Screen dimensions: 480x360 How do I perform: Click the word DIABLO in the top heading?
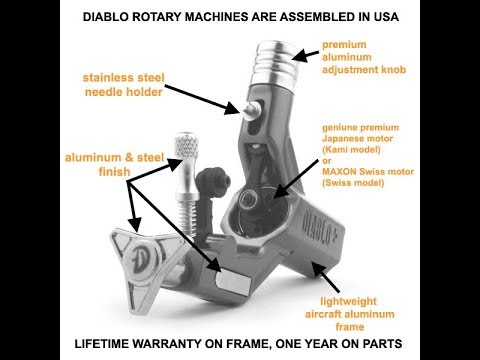click(x=106, y=17)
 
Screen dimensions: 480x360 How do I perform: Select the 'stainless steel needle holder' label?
click(x=124, y=85)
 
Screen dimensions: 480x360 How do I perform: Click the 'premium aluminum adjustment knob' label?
click(x=364, y=57)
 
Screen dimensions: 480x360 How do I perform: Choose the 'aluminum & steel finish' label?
click(x=114, y=164)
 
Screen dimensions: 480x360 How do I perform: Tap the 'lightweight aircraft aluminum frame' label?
click(x=350, y=314)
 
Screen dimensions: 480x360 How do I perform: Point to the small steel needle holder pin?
click(x=252, y=109)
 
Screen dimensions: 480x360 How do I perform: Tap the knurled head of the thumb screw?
click(x=187, y=146)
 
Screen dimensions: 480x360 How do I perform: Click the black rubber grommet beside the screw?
click(x=213, y=183)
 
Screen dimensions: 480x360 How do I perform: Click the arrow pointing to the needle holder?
click(x=202, y=100)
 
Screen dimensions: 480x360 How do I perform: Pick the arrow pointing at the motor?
click(x=295, y=179)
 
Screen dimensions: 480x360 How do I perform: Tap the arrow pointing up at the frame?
click(x=325, y=276)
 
